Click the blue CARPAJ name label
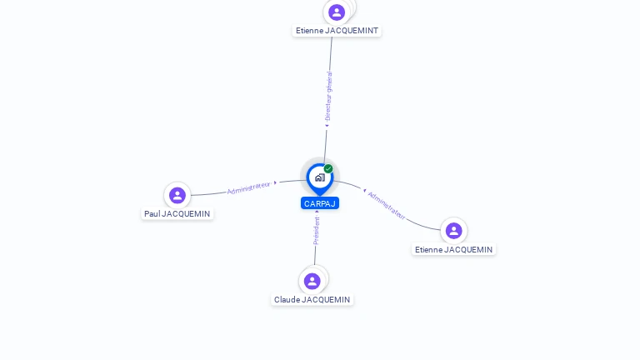coord(320,203)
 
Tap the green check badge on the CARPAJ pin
coord(328,169)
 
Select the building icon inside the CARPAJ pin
coord(319,177)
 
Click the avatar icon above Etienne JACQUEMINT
coord(337,12)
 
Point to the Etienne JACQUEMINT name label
coord(337,31)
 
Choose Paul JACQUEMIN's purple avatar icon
coord(177,195)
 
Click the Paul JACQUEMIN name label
coord(177,214)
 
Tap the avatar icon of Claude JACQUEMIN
coord(312,281)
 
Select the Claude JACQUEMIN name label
coord(312,300)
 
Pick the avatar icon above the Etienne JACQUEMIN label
coord(453,231)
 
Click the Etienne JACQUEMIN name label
coord(453,250)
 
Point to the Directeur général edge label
coord(328,97)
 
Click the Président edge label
coord(317,230)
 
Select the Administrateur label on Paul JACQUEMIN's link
coord(249,188)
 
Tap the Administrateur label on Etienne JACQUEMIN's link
coord(387,205)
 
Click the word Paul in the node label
coord(152,214)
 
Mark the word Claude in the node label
coord(287,300)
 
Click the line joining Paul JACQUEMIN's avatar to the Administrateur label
coord(208,193)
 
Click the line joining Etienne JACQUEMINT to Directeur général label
coord(331,54)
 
